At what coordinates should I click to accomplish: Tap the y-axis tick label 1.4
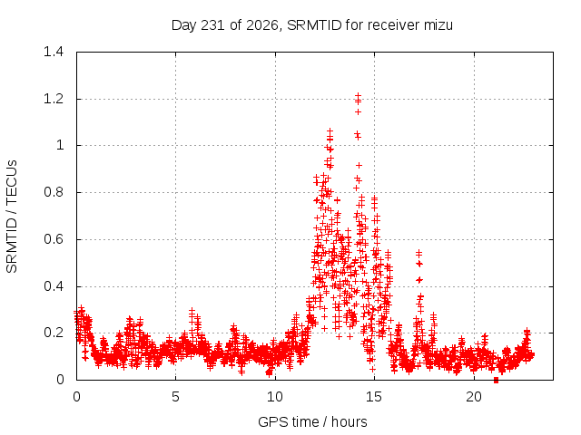[x=54, y=52]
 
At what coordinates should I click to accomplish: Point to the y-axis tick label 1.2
[x=54, y=99]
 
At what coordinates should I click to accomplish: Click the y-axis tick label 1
[x=61, y=145]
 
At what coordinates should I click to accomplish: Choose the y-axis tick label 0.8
[x=54, y=192]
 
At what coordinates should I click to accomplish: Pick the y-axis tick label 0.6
[x=54, y=239]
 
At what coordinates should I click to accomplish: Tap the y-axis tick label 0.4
[x=54, y=286]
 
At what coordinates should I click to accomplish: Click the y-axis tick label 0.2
[x=54, y=333]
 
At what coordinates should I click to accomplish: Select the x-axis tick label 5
[x=175, y=397]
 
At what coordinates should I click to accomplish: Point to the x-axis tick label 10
[x=275, y=397]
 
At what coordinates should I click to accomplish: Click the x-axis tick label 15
[x=374, y=397]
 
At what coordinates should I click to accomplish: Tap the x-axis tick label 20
[x=474, y=397]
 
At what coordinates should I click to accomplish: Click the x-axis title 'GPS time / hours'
[x=312, y=421]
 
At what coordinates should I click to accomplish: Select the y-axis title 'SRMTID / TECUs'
[x=12, y=217]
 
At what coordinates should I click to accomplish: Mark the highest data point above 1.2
[x=358, y=95]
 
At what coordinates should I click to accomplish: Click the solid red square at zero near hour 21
[x=497, y=381]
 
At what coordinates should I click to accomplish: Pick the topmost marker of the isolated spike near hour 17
[x=419, y=253]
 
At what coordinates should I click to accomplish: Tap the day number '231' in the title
[x=213, y=25]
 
